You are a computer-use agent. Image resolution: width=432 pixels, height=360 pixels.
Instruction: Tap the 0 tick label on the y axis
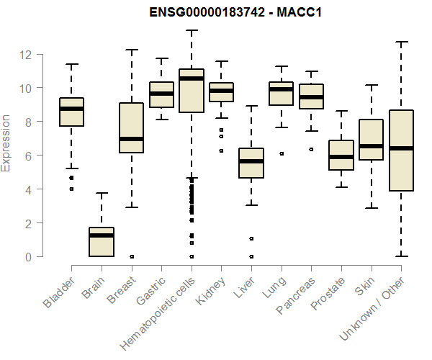pos(27,257)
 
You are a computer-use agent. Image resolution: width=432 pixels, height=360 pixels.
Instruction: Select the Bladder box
pos(71,112)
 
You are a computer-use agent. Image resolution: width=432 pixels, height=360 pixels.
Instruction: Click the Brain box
pos(102,242)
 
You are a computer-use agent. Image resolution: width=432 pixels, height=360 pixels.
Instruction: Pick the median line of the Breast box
pos(131,139)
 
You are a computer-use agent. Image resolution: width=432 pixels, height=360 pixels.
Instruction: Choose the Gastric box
pos(161,94)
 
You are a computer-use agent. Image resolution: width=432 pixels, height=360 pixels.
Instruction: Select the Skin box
pos(371,140)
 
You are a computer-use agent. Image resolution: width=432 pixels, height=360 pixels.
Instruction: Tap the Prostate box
pos(341,155)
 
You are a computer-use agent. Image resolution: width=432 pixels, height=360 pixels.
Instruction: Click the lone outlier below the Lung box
pos(281,153)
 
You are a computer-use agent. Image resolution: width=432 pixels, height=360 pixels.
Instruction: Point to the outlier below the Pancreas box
pos(311,149)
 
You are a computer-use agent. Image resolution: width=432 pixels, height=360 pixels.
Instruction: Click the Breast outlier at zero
pos(131,256)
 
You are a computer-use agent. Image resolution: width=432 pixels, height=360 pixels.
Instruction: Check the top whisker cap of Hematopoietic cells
pos(192,30)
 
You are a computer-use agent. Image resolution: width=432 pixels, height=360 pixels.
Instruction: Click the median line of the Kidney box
pos(221,91)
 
